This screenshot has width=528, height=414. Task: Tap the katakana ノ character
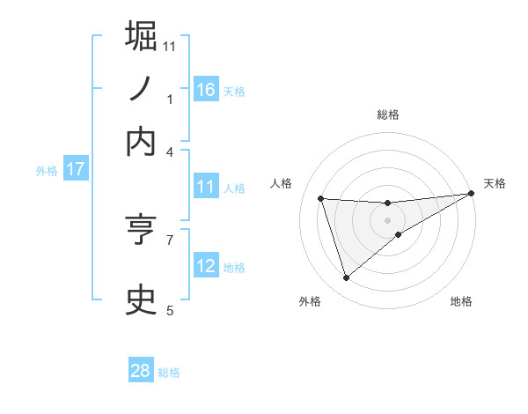tap(142, 89)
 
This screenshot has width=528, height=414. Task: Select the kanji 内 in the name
tap(142, 142)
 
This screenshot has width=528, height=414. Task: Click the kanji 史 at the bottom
tap(142, 299)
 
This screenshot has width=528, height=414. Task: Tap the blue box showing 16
tap(206, 89)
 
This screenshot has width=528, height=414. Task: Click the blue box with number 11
tap(206, 187)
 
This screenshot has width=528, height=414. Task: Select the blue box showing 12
tap(206, 266)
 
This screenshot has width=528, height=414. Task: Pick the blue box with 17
tap(76, 169)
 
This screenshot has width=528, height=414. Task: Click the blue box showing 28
tap(141, 371)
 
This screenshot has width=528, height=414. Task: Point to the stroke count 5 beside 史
tap(170, 309)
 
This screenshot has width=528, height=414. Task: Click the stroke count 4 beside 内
tap(170, 151)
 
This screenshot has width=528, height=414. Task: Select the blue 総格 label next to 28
tap(170, 373)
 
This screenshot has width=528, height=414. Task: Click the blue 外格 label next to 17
tap(47, 171)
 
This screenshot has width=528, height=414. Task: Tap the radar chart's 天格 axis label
tap(495, 183)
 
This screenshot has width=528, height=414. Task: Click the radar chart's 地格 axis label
tap(461, 301)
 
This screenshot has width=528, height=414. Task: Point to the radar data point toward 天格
tap(471, 193)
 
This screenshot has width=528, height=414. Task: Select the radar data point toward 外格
tap(346, 278)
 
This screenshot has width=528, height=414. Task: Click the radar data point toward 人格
tap(321, 198)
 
